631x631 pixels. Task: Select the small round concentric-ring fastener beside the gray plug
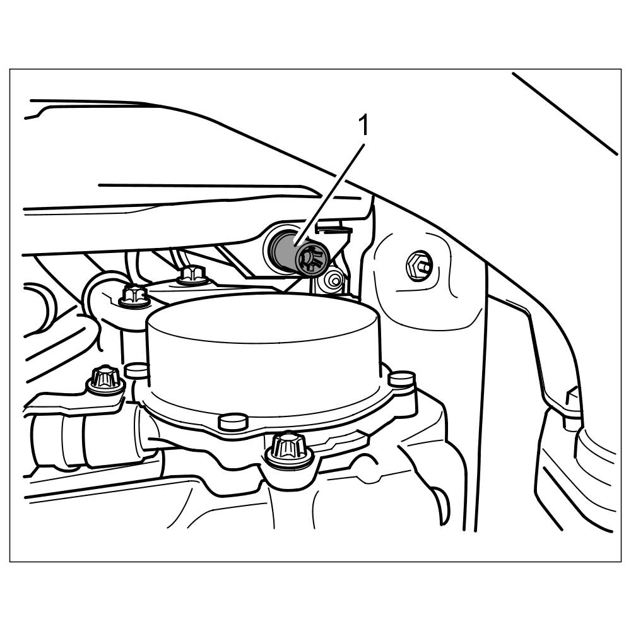pos(333,281)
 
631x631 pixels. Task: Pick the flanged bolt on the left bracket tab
pos(105,379)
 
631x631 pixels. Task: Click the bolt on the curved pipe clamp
pos(134,297)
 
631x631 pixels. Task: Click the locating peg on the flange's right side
pos(401,379)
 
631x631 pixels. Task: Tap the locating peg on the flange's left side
pos(136,369)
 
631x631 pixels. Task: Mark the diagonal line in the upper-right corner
pos(565,113)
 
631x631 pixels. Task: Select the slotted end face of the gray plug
pos(312,259)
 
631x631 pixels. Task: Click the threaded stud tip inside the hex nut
pos(425,266)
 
